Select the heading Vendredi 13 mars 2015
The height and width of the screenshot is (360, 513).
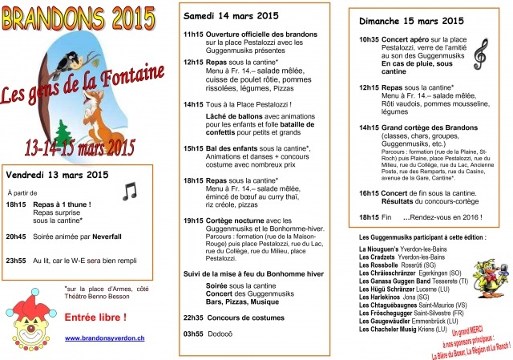coord(57,175)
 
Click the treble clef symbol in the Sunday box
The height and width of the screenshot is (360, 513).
coord(481,54)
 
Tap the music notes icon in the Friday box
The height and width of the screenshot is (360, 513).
coord(129,190)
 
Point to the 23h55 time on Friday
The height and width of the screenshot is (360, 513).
coord(16,261)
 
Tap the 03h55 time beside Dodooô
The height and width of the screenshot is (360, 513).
coord(193,333)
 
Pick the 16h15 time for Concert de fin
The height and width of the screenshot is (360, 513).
coord(369,193)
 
